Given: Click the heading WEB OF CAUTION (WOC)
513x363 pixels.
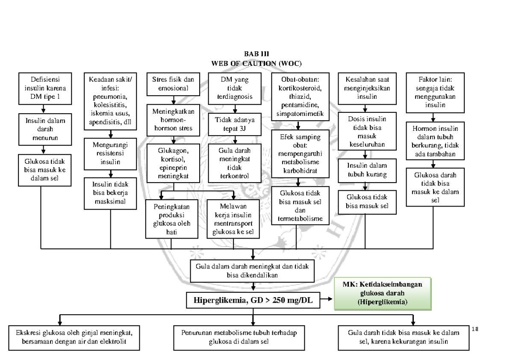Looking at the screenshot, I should tap(256, 63).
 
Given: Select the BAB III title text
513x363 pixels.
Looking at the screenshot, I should tap(256, 54).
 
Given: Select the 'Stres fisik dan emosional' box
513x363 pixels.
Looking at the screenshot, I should tap(173, 84).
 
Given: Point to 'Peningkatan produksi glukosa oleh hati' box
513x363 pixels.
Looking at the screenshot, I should tap(171, 219).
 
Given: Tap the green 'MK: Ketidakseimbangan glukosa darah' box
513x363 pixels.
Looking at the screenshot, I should tap(383, 293).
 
